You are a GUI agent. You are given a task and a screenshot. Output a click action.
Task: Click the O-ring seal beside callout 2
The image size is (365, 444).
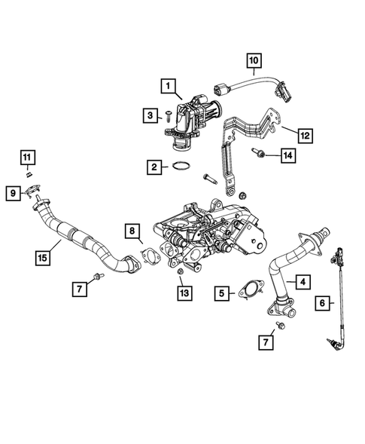[x=181, y=167]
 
